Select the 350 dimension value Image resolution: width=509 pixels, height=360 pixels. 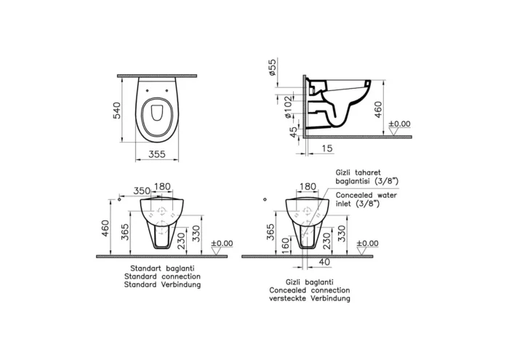tap(142, 191)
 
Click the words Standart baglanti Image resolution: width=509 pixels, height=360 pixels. tap(162, 270)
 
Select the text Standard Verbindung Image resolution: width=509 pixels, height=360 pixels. tap(162, 286)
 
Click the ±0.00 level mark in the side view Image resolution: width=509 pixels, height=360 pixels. tap(399, 124)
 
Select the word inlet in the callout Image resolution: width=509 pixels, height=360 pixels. tap(345, 204)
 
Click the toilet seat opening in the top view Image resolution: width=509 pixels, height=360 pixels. tap(157, 114)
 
